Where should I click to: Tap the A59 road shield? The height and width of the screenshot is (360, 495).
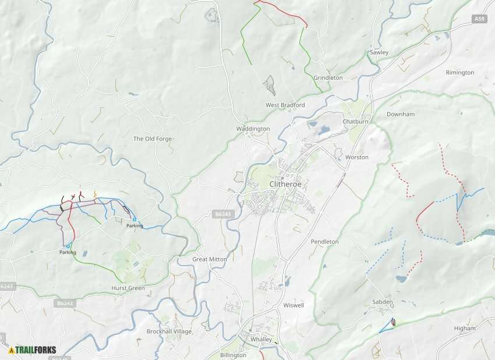(x=479, y=19)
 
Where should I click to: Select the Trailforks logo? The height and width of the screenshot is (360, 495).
(x=33, y=350)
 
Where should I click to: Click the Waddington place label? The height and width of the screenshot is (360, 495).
(x=253, y=129)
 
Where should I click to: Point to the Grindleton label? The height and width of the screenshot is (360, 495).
(x=328, y=77)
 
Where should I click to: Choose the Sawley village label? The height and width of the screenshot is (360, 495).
(x=379, y=52)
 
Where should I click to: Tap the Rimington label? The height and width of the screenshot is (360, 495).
(x=459, y=73)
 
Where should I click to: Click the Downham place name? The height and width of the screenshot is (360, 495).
(x=400, y=114)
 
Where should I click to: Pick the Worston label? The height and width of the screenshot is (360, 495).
(x=356, y=157)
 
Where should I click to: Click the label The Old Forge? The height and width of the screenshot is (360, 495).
(x=153, y=139)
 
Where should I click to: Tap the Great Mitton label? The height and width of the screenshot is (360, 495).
(x=209, y=259)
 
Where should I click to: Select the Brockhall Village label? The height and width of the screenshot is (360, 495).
(x=169, y=331)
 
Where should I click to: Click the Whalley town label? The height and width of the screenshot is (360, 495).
(x=261, y=340)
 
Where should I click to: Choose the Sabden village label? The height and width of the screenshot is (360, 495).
(x=382, y=302)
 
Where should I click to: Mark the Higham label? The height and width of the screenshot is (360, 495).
(x=465, y=328)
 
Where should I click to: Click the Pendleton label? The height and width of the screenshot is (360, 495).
(x=324, y=241)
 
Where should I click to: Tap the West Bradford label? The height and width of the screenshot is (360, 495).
(x=285, y=105)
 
